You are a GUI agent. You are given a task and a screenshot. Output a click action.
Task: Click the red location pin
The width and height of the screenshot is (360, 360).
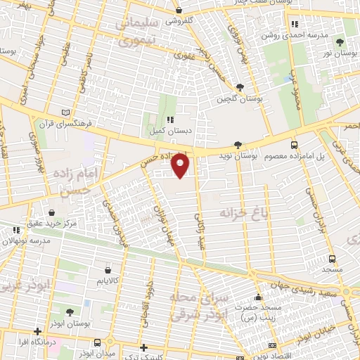[181, 165]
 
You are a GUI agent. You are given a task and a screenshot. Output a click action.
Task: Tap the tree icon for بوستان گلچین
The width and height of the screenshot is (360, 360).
[240, 87]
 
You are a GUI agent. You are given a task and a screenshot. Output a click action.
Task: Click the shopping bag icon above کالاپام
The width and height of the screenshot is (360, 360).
[107, 269]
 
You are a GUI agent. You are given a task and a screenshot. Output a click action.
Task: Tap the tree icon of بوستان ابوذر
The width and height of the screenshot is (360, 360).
[69, 312]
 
